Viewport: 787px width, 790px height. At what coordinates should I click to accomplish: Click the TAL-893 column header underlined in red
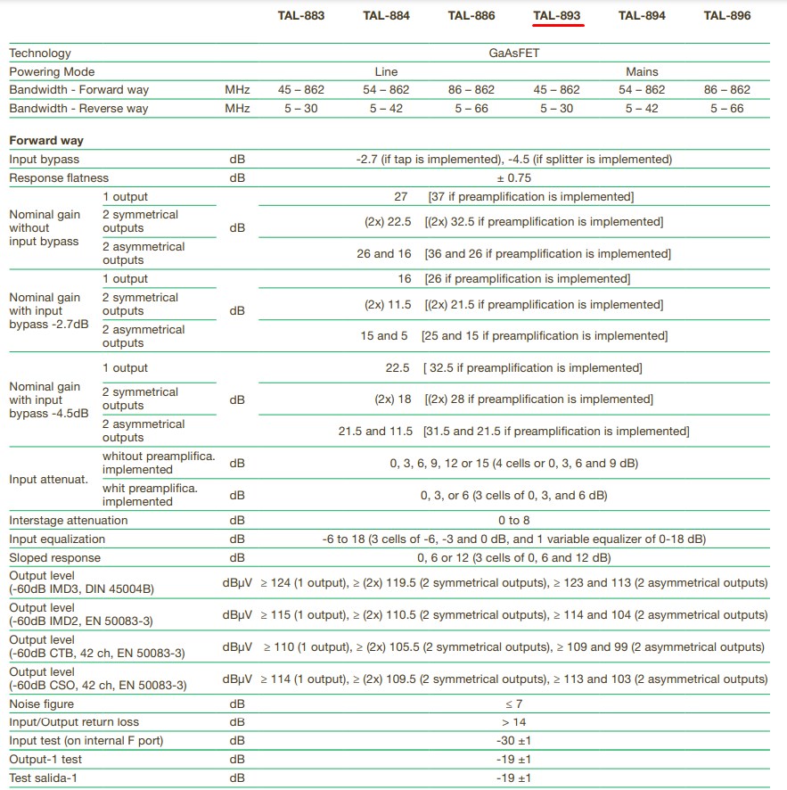click(557, 16)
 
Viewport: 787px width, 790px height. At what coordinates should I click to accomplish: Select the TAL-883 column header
click(301, 16)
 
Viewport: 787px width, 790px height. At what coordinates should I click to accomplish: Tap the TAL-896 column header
click(727, 16)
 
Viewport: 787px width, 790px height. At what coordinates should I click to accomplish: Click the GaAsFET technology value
click(513, 53)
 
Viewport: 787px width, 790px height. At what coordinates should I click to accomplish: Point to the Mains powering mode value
click(642, 71)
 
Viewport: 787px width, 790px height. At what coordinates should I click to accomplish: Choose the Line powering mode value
click(386, 71)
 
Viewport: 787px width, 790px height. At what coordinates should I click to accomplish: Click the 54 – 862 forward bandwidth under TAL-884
click(386, 90)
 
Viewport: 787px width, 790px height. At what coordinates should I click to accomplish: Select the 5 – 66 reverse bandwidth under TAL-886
click(471, 109)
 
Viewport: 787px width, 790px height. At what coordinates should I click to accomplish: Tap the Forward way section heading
click(46, 141)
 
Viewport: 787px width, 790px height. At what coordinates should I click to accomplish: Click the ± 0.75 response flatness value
click(513, 178)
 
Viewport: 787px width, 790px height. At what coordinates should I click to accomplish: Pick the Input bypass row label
click(45, 160)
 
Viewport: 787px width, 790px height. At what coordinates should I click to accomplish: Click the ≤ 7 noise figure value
click(514, 704)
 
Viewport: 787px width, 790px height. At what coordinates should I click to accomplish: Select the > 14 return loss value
click(514, 722)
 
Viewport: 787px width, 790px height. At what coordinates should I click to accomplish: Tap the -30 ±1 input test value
click(514, 741)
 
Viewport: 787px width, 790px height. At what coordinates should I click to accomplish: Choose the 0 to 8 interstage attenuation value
click(514, 521)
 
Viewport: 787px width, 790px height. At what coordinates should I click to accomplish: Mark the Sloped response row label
click(55, 558)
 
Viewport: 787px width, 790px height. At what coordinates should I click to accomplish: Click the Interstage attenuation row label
click(69, 521)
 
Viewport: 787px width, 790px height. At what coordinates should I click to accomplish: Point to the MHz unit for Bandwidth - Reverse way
click(237, 109)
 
